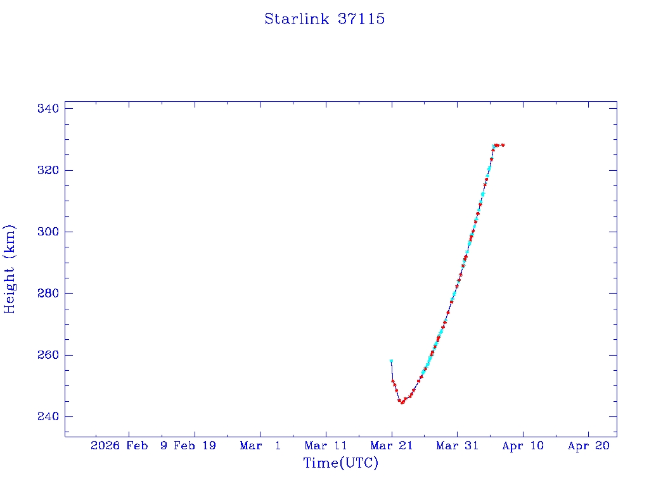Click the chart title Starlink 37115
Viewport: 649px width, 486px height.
(324, 19)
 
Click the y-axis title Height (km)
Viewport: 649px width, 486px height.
(10, 269)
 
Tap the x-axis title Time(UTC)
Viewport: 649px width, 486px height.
(340, 463)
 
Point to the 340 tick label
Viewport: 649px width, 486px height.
(48, 109)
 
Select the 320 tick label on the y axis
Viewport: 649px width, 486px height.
(48, 170)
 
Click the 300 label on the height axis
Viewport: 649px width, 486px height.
(48, 232)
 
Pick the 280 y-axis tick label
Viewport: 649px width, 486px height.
(48, 294)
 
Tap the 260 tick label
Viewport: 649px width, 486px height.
(48, 355)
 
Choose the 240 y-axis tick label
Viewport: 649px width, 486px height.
(48, 416)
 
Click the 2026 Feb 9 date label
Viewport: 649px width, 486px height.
(129, 445)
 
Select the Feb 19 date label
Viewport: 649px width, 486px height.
(195, 445)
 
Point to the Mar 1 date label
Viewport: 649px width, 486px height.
(260, 445)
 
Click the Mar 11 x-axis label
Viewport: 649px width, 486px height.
(326, 445)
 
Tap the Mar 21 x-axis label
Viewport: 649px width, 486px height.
(391, 445)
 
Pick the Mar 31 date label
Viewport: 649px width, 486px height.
(457, 445)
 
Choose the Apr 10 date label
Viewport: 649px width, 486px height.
(522, 445)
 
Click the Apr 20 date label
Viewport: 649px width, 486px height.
(588, 445)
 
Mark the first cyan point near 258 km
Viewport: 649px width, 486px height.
(391, 361)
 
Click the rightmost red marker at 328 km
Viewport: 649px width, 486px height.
(503, 145)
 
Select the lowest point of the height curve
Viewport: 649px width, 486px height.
(402, 402)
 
